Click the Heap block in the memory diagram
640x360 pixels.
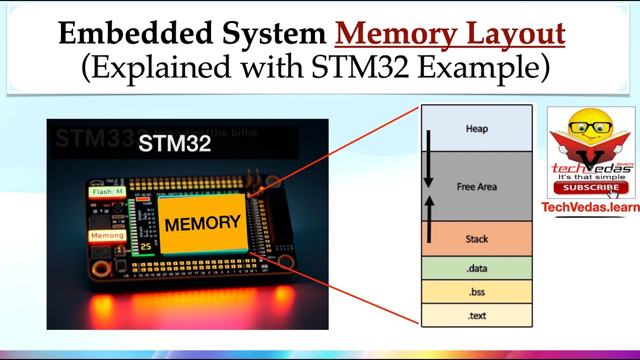[476, 128]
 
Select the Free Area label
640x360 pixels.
[476, 186]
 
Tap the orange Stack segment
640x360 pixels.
[476, 239]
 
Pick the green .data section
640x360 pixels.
[476, 268]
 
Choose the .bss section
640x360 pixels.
[476, 291]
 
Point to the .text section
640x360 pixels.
[476, 315]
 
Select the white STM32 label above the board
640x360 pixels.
[174, 144]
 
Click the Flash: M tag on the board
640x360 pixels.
[107, 191]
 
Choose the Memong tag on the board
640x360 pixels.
[107, 235]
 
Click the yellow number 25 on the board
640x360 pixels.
[145, 246]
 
